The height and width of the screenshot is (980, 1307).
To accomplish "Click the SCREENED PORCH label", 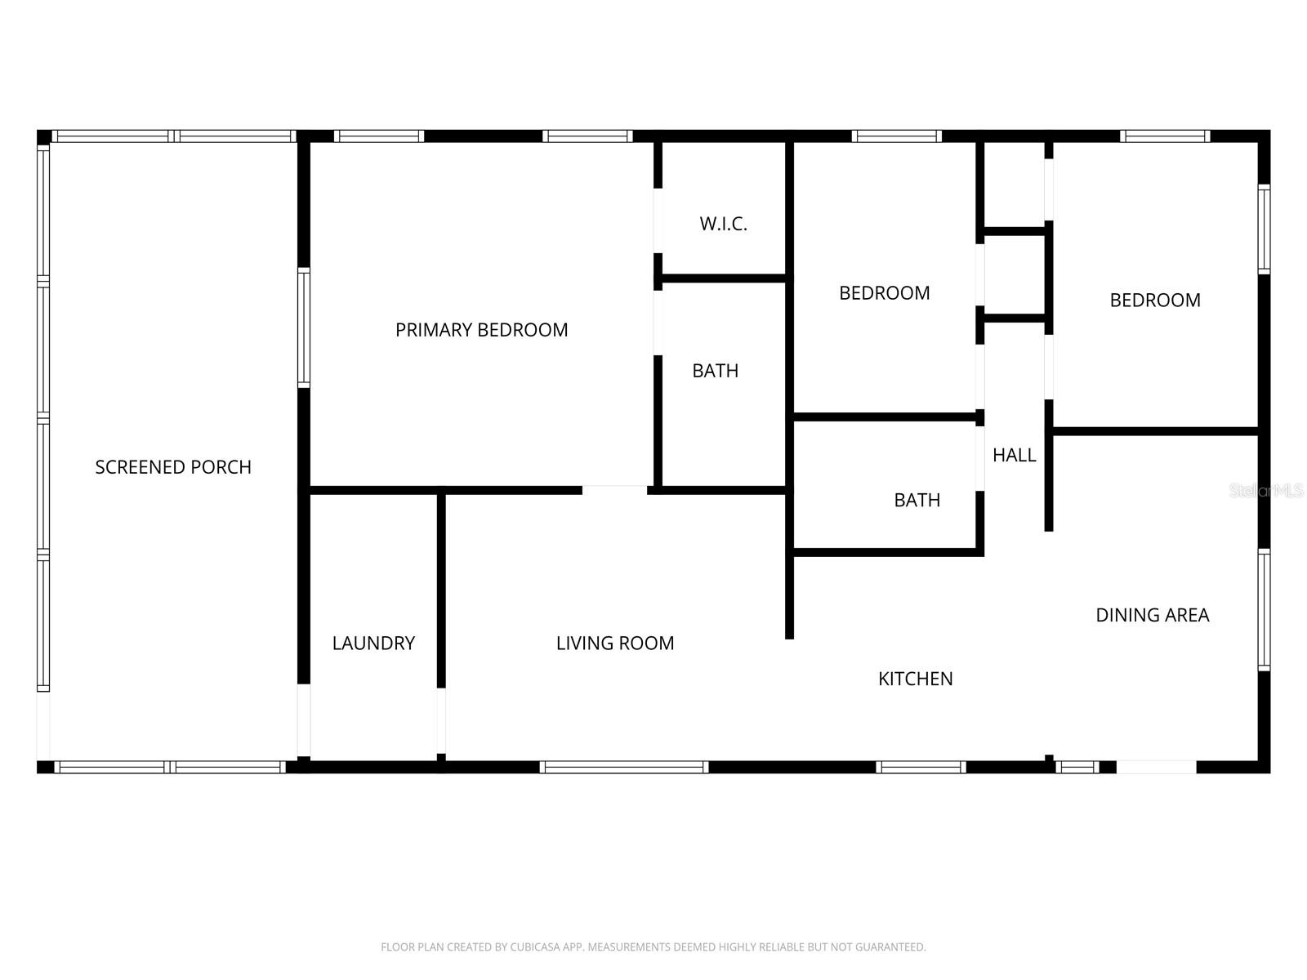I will coord(173,467).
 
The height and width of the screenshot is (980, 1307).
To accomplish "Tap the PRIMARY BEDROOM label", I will coord(481,330).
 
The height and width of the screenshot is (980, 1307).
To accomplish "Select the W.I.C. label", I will coord(723,224).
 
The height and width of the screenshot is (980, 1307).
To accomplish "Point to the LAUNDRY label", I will coord(373,644).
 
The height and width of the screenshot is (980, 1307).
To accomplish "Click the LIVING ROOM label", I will coord(615,644).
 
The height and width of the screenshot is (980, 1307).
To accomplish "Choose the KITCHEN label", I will coord(915,679).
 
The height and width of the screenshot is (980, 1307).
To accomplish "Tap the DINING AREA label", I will coord(1152,615).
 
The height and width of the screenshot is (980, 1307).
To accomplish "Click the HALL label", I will coord(1014,456).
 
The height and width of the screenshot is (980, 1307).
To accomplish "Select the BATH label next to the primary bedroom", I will coord(715,371).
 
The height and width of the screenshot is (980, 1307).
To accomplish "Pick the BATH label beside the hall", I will coord(917,500).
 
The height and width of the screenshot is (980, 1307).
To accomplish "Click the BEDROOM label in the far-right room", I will coord(1155,301).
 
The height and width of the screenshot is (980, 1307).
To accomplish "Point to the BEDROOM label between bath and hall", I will coord(884,293).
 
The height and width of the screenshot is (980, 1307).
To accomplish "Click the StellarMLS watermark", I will coord(1266,491).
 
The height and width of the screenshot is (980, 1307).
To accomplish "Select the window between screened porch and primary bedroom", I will coord(303,327).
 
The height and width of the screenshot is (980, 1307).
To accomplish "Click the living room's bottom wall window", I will coord(623,767).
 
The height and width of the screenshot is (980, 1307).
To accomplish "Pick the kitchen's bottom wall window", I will coord(921,767).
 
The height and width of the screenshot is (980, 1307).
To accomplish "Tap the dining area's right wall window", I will coord(1264,610).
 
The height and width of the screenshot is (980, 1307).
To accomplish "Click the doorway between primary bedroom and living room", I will coord(614,490).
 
